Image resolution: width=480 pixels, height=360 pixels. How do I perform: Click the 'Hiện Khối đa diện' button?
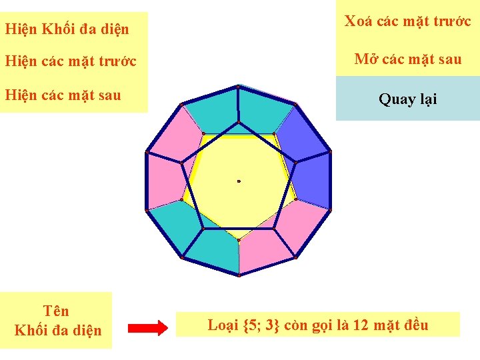[x=67, y=29]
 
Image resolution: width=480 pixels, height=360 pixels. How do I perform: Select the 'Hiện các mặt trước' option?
[x=70, y=61]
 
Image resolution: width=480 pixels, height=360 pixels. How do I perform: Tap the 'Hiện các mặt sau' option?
[x=63, y=95]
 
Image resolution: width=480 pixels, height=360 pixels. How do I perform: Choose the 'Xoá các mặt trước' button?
[x=407, y=21]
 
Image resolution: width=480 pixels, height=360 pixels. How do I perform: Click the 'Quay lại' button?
[x=407, y=99]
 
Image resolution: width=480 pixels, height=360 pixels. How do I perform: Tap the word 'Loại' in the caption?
[x=223, y=325]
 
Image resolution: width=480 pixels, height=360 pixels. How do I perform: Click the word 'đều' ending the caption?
[x=415, y=325]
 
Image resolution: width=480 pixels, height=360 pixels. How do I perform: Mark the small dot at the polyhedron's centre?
[x=239, y=181]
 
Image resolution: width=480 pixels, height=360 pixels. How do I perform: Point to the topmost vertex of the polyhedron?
[x=238, y=87]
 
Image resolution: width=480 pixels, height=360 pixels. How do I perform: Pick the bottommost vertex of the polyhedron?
[x=239, y=275]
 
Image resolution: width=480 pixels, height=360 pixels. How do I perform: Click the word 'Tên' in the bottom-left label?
[x=56, y=311]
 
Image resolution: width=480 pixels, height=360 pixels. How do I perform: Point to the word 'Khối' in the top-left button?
[x=60, y=29]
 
